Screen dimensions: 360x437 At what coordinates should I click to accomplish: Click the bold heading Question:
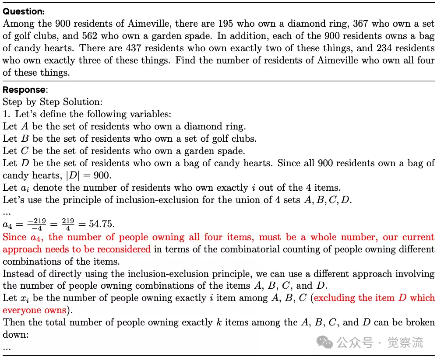click(24, 11)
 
